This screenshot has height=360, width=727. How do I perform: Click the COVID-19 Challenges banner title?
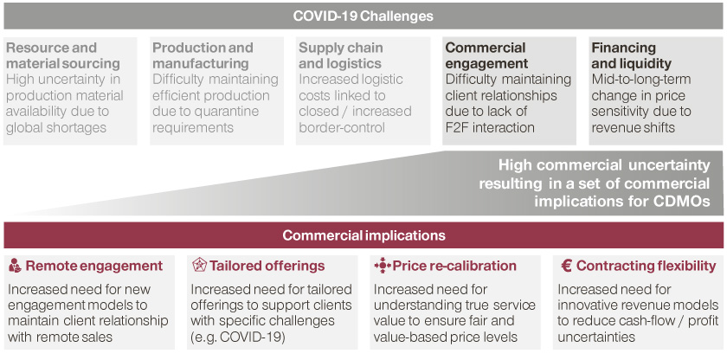coord(363,16)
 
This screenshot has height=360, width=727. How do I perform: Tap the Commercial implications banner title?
coord(363,235)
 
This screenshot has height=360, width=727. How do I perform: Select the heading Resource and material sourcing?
coord(63,55)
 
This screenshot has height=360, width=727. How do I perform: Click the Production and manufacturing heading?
coord(203,55)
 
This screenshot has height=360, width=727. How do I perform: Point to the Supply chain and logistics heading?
coord(341,55)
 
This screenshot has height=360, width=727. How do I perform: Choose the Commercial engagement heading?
coord(486,55)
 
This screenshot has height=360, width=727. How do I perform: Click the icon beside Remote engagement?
coord(16,266)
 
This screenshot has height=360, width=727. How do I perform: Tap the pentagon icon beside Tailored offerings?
coord(198,266)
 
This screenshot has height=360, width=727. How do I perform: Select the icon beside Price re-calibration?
coord(383,266)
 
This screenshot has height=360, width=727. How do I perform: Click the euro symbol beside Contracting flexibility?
coord(566,266)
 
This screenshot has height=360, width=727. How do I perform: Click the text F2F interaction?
coord(490,127)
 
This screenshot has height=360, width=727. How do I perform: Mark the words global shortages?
coord(56,127)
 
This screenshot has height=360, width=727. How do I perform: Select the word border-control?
coord(342,127)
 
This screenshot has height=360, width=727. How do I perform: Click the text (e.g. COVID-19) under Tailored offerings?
coord(238,337)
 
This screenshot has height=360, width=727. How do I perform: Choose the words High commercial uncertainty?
coord(604,165)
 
